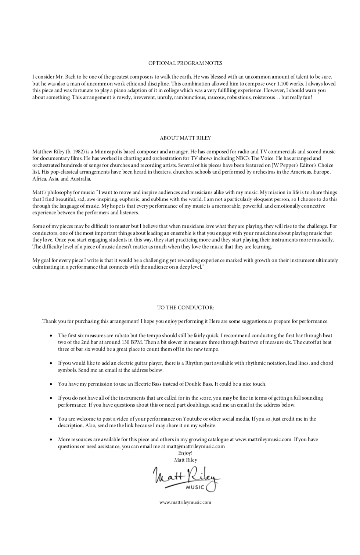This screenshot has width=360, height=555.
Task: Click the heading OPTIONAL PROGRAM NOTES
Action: coord(185,63)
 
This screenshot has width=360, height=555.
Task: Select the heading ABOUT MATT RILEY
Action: coord(185,138)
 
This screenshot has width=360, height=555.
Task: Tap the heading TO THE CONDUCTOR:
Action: coord(185,308)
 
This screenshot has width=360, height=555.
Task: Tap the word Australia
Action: coord(80,179)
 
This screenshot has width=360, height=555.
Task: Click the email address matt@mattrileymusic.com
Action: coord(195,446)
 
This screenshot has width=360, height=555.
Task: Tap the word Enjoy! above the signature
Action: coord(185,453)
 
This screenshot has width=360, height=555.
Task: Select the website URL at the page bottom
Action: coord(185,502)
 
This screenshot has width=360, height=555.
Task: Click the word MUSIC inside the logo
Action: coord(195,487)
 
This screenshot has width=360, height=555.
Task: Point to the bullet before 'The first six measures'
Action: coord(51,335)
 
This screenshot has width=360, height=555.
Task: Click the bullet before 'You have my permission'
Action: coord(51,384)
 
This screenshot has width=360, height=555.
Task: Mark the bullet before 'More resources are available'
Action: coord(51,439)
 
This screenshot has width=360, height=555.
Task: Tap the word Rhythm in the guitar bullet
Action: coord(194,363)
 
